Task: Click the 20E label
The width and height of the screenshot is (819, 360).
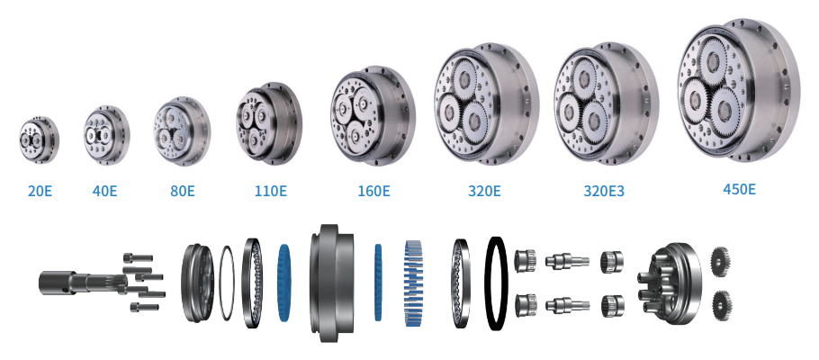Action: (x=40, y=191)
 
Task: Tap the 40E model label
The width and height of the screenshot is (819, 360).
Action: (x=105, y=191)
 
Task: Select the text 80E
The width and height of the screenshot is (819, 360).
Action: (x=183, y=191)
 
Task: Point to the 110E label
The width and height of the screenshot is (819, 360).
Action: (x=271, y=191)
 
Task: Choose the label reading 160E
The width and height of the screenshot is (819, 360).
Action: (x=373, y=191)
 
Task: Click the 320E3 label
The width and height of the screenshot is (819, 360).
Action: (x=604, y=191)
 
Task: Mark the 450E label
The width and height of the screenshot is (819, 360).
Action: (x=739, y=189)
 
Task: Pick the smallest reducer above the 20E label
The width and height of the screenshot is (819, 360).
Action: (x=40, y=140)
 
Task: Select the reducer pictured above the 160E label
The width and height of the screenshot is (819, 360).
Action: (x=373, y=115)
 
